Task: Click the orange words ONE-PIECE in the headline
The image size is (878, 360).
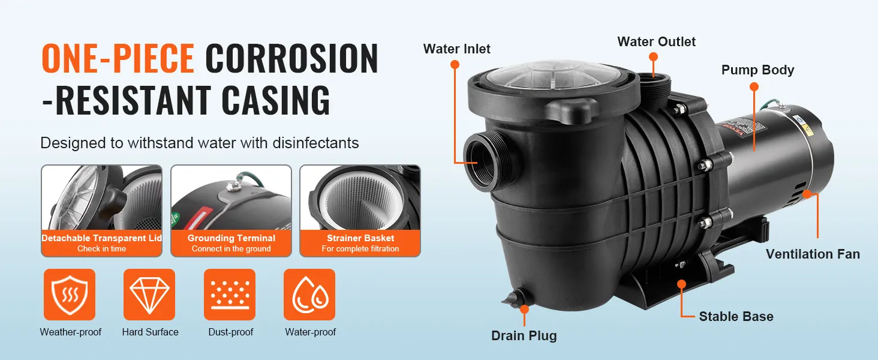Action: pyautogui.click(x=118, y=59)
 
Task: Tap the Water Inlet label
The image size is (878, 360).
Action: pyautogui.click(x=457, y=49)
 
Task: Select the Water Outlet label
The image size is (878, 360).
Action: pyautogui.click(x=657, y=41)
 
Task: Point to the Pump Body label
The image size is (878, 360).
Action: pyautogui.click(x=757, y=70)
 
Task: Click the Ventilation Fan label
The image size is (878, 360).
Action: pyautogui.click(x=813, y=254)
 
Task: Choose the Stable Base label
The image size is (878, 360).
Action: pyautogui.click(x=736, y=316)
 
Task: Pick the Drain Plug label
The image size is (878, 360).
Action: pyautogui.click(x=524, y=335)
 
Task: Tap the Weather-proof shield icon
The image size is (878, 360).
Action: pyautogui.click(x=70, y=295)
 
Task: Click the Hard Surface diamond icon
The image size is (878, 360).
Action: pyautogui.click(x=149, y=295)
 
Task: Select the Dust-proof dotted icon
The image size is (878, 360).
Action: pyautogui.click(x=230, y=295)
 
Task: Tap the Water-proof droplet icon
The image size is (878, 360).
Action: pyautogui.click(x=309, y=295)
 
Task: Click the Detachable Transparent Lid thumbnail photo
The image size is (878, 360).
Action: pyautogui.click(x=102, y=198)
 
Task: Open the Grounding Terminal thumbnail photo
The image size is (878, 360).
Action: pyautogui.click(x=231, y=198)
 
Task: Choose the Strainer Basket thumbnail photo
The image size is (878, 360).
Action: pyautogui.click(x=360, y=198)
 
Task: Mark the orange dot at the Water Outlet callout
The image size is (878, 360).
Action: pyautogui.click(x=653, y=57)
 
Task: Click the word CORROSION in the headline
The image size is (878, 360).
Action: pyautogui.click(x=292, y=59)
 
